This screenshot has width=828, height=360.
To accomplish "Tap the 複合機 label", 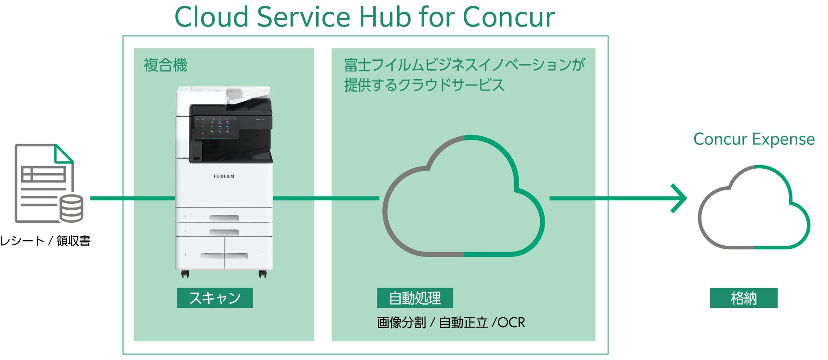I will [166, 65].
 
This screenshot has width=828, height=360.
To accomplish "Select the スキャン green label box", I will [215, 298].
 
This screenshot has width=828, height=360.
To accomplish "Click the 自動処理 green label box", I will [415, 298].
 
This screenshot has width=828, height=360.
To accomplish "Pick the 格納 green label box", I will [743, 298].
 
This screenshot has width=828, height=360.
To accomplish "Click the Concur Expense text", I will [754, 139].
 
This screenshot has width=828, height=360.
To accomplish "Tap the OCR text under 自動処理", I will [511, 323].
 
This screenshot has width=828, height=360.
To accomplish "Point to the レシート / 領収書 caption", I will [45, 241].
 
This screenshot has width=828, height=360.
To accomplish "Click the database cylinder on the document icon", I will [72, 208].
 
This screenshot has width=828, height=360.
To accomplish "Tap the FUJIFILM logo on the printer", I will [224, 176].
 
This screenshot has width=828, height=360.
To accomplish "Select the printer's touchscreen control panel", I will [216, 126].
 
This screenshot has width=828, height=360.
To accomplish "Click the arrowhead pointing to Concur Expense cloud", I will [679, 198].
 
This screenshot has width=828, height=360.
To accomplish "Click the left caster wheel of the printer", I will [185, 273].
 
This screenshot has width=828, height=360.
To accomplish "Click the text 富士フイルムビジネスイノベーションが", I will [464, 65].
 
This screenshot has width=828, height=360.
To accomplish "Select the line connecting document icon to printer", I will [133, 198].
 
